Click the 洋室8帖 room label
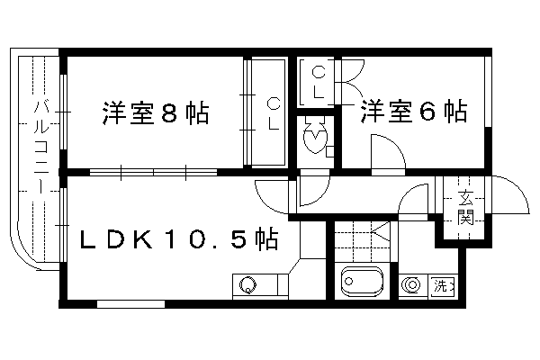(156, 112)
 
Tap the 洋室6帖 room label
(414, 111)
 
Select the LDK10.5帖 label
(179, 238)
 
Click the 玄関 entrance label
(465, 207)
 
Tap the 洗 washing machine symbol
(443, 286)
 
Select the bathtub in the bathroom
(362, 282)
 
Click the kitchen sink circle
(248, 284)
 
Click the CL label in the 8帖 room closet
(274, 113)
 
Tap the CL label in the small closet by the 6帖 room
(319, 83)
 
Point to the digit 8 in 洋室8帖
(169, 112)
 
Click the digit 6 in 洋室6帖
(427, 112)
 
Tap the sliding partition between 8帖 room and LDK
(154, 172)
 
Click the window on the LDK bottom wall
(130, 304)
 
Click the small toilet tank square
(329, 151)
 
